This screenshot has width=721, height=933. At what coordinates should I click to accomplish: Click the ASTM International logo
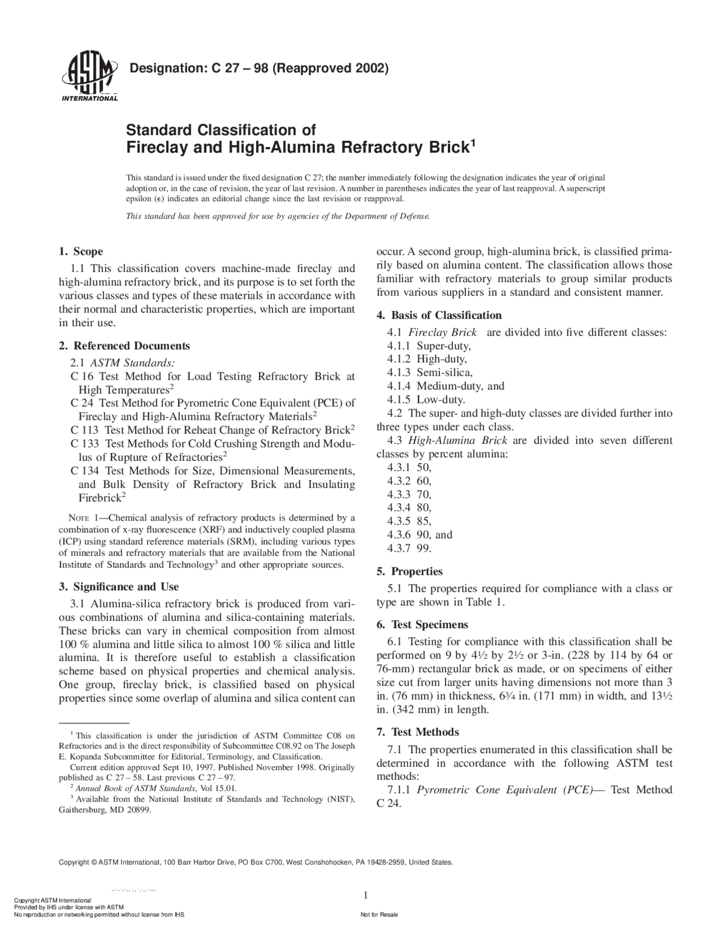[88, 77]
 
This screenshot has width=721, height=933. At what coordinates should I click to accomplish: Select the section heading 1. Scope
[81, 251]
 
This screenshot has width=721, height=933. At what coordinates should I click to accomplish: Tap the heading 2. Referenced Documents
[124, 345]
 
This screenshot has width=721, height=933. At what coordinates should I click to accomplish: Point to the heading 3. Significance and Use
[119, 587]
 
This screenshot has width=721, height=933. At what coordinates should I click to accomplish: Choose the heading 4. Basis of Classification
[439, 315]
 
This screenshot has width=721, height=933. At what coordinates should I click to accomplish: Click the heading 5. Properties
[410, 571]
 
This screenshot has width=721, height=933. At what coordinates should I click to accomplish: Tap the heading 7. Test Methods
[417, 732]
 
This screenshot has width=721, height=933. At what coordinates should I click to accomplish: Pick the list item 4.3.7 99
[409, 548]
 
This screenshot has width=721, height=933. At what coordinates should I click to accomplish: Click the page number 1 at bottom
[366, 895]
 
